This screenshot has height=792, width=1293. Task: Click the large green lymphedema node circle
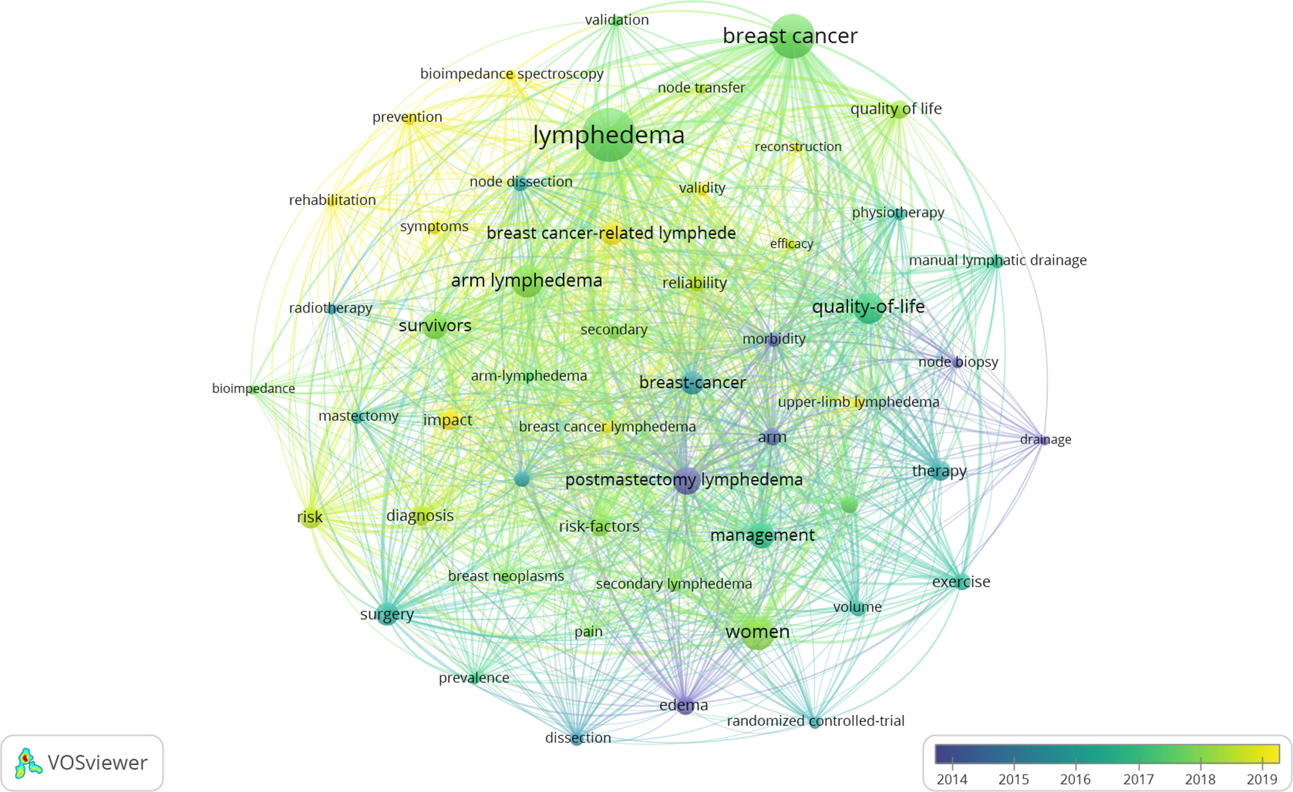609,135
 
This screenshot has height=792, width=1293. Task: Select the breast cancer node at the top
792,36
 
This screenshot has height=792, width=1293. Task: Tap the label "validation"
617,20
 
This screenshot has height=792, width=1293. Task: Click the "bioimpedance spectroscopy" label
512,74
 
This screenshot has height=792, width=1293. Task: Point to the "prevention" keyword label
407,117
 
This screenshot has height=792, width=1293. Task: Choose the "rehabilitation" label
332,200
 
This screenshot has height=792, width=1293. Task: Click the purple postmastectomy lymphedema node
686,480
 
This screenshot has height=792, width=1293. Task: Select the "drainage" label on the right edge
1046,439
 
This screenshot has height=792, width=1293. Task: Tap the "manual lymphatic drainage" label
997,260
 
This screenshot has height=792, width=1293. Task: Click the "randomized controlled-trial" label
815,721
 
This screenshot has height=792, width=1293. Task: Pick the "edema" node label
683,705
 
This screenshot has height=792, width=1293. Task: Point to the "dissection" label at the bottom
578,737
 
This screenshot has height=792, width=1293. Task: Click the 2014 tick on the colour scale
952,763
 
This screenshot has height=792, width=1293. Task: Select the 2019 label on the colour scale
1262,779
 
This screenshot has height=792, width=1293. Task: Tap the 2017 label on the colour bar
1138,779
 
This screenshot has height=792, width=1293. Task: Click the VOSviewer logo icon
28,763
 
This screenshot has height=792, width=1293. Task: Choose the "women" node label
757,632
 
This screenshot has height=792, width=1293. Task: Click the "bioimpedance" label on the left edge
253,389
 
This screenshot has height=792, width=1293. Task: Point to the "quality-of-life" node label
868,307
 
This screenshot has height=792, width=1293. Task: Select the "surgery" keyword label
387,614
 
